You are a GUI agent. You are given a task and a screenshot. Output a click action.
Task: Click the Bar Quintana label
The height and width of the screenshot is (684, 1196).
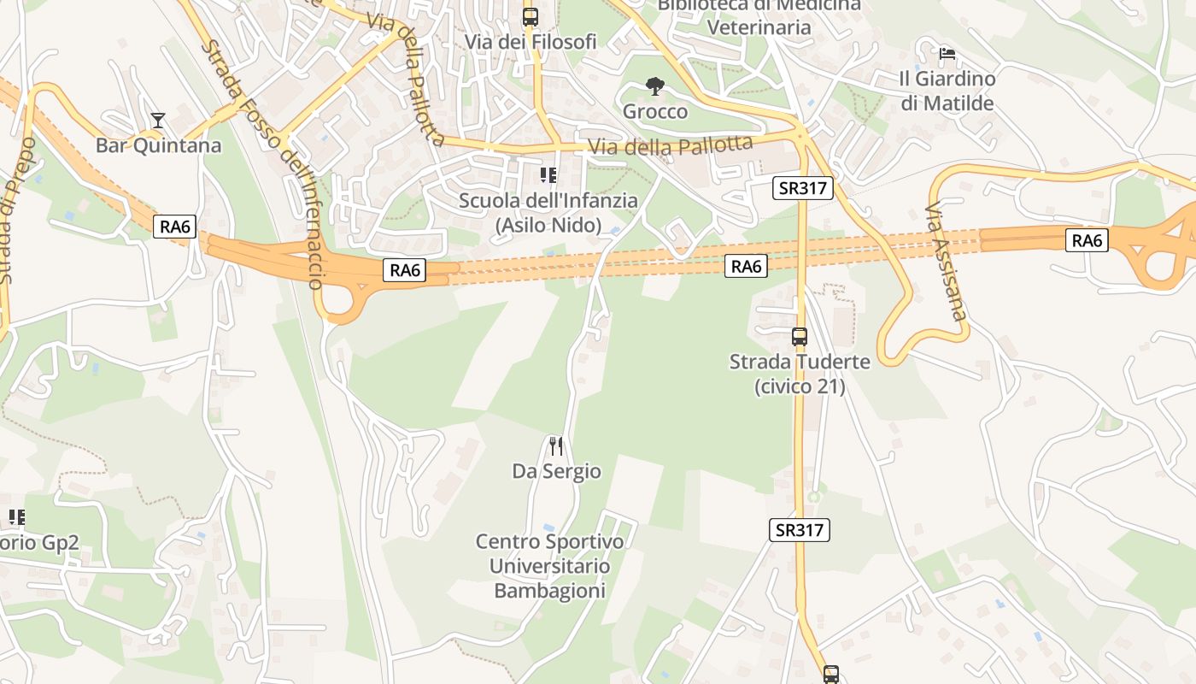158,145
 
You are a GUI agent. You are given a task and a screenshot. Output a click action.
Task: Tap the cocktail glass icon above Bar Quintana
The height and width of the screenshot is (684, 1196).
158,120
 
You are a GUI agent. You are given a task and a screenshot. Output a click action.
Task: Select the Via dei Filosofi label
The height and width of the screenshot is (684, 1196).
531,41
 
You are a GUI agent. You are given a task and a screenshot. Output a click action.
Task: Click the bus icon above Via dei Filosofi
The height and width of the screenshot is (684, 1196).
531,16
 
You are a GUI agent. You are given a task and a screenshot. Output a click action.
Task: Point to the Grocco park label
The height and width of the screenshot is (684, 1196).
655,111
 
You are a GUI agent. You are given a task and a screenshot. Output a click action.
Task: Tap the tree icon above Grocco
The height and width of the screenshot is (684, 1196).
655,85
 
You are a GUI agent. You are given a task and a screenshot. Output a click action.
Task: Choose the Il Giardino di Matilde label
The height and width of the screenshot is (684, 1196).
947,91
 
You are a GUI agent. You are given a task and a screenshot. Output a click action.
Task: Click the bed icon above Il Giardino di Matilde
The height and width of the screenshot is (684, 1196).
947,55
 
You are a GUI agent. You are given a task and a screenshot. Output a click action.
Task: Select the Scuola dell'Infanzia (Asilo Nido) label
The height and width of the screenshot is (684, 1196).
548,213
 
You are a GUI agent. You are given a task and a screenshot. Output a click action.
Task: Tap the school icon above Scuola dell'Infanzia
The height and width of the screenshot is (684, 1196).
548,175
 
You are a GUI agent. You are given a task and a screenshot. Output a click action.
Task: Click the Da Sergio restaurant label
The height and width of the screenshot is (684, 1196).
556,471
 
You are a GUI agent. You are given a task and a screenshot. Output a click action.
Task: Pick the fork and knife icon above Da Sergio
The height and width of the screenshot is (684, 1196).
556,445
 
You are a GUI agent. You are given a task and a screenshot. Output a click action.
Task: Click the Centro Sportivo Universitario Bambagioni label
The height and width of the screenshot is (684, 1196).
550,566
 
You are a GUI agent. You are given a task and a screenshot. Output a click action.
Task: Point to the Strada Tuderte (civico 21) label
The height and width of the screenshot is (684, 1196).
800,374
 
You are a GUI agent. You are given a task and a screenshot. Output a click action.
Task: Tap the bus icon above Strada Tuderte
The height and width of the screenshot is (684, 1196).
800,337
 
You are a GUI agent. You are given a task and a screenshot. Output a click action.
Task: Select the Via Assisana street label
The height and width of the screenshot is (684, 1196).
947,262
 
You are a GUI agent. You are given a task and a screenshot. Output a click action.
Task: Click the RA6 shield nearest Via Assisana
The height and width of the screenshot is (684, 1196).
1087,240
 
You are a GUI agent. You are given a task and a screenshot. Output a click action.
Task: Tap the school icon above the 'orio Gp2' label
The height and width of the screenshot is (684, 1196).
16,517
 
